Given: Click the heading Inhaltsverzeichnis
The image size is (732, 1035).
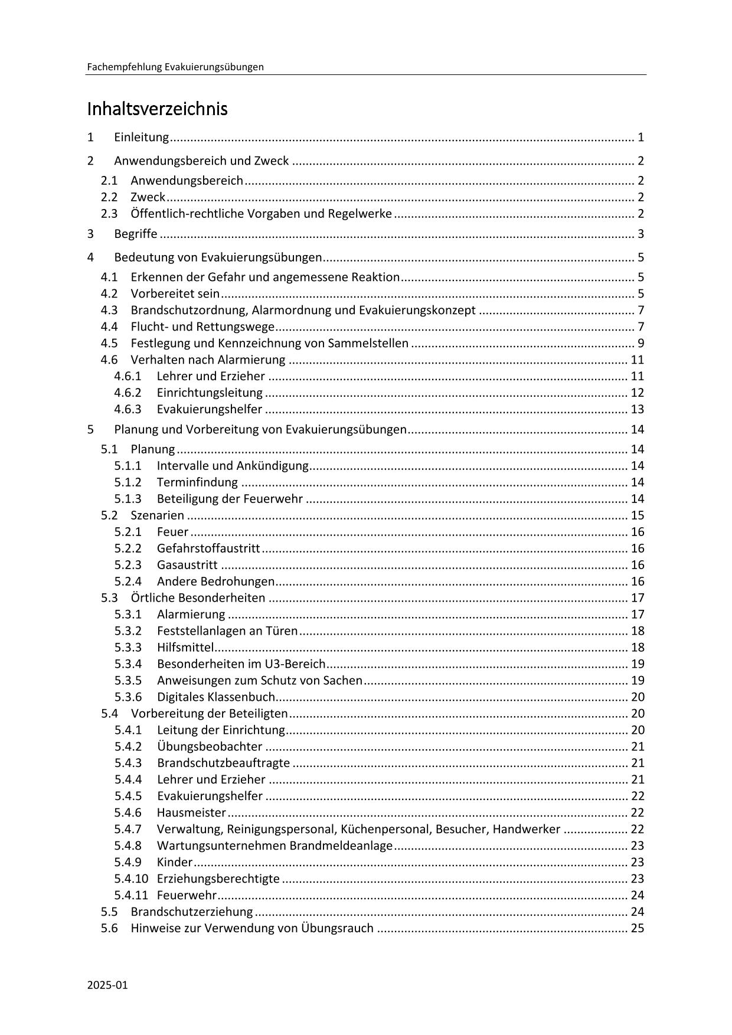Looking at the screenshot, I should pyautogui.click(x=157, y=109).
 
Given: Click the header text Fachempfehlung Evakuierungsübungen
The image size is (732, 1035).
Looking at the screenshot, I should pyautogui.click(x=175, y=67).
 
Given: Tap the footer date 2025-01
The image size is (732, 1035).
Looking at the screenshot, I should pyautogui.click(x=107, y=985).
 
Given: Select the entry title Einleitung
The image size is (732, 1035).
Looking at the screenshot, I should pyautogui.click(x=142, y=138).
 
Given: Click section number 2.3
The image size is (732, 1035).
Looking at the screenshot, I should pyautogui.click(x=109, y=214).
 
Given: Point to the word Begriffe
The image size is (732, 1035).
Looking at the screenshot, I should pyautogui.click(x=136, y=234).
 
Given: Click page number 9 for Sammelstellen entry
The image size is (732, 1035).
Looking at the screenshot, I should pyautogui.click(x=640, y=343).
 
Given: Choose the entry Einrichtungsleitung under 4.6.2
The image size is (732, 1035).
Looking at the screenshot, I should pyautogui.click(x=210, y=393).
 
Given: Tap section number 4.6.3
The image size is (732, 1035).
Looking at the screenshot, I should pyautogui.click(x=128, y=409).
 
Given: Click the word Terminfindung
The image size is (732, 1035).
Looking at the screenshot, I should pyautogui.click(x=197, y=482).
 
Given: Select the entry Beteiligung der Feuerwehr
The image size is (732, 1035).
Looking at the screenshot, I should pyautogui.click(x=230, y=499).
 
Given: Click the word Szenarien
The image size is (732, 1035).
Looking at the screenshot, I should pyautogui.click(x=157, y=515).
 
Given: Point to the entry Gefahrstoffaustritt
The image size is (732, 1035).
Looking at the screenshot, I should pyautogui.click(x=208, y=548).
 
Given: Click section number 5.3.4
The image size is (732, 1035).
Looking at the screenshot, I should pyautogui.click(x=128, y=664).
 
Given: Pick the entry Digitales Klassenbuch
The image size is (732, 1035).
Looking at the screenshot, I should pyautogui.click(x=216, y=697).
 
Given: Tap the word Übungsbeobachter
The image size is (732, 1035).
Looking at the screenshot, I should pyautogui.click(x=210, y=747).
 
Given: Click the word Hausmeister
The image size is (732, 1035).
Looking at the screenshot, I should pyautogui.click(x=191, y=813).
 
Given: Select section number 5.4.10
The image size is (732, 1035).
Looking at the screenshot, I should pyautogui.click(x=131, y=879).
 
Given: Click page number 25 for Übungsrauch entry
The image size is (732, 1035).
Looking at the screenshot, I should pyautogui.click(x=638, y=928).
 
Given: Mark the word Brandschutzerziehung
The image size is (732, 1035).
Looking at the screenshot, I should pyautogui.click(x=192, y=912).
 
